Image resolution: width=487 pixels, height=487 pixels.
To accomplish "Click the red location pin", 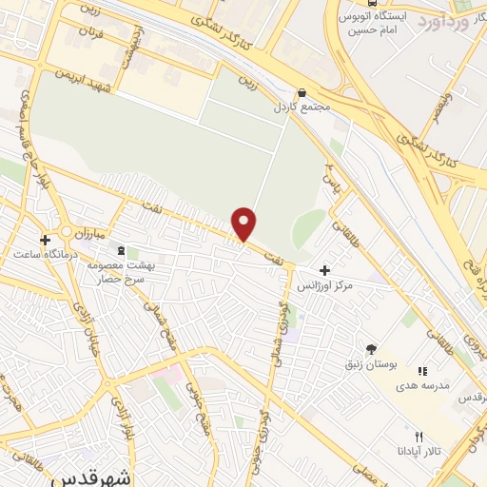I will click(x=245, y=223).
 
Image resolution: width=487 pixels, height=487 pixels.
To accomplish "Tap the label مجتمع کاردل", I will click(x=302, y=107).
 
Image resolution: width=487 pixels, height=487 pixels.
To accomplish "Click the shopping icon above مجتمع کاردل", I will click(x=302, y=93).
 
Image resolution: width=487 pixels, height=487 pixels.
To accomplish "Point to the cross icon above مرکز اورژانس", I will click(x=325, y=270).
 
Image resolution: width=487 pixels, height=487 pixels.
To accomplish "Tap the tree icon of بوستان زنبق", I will click(x=370, y=349).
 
